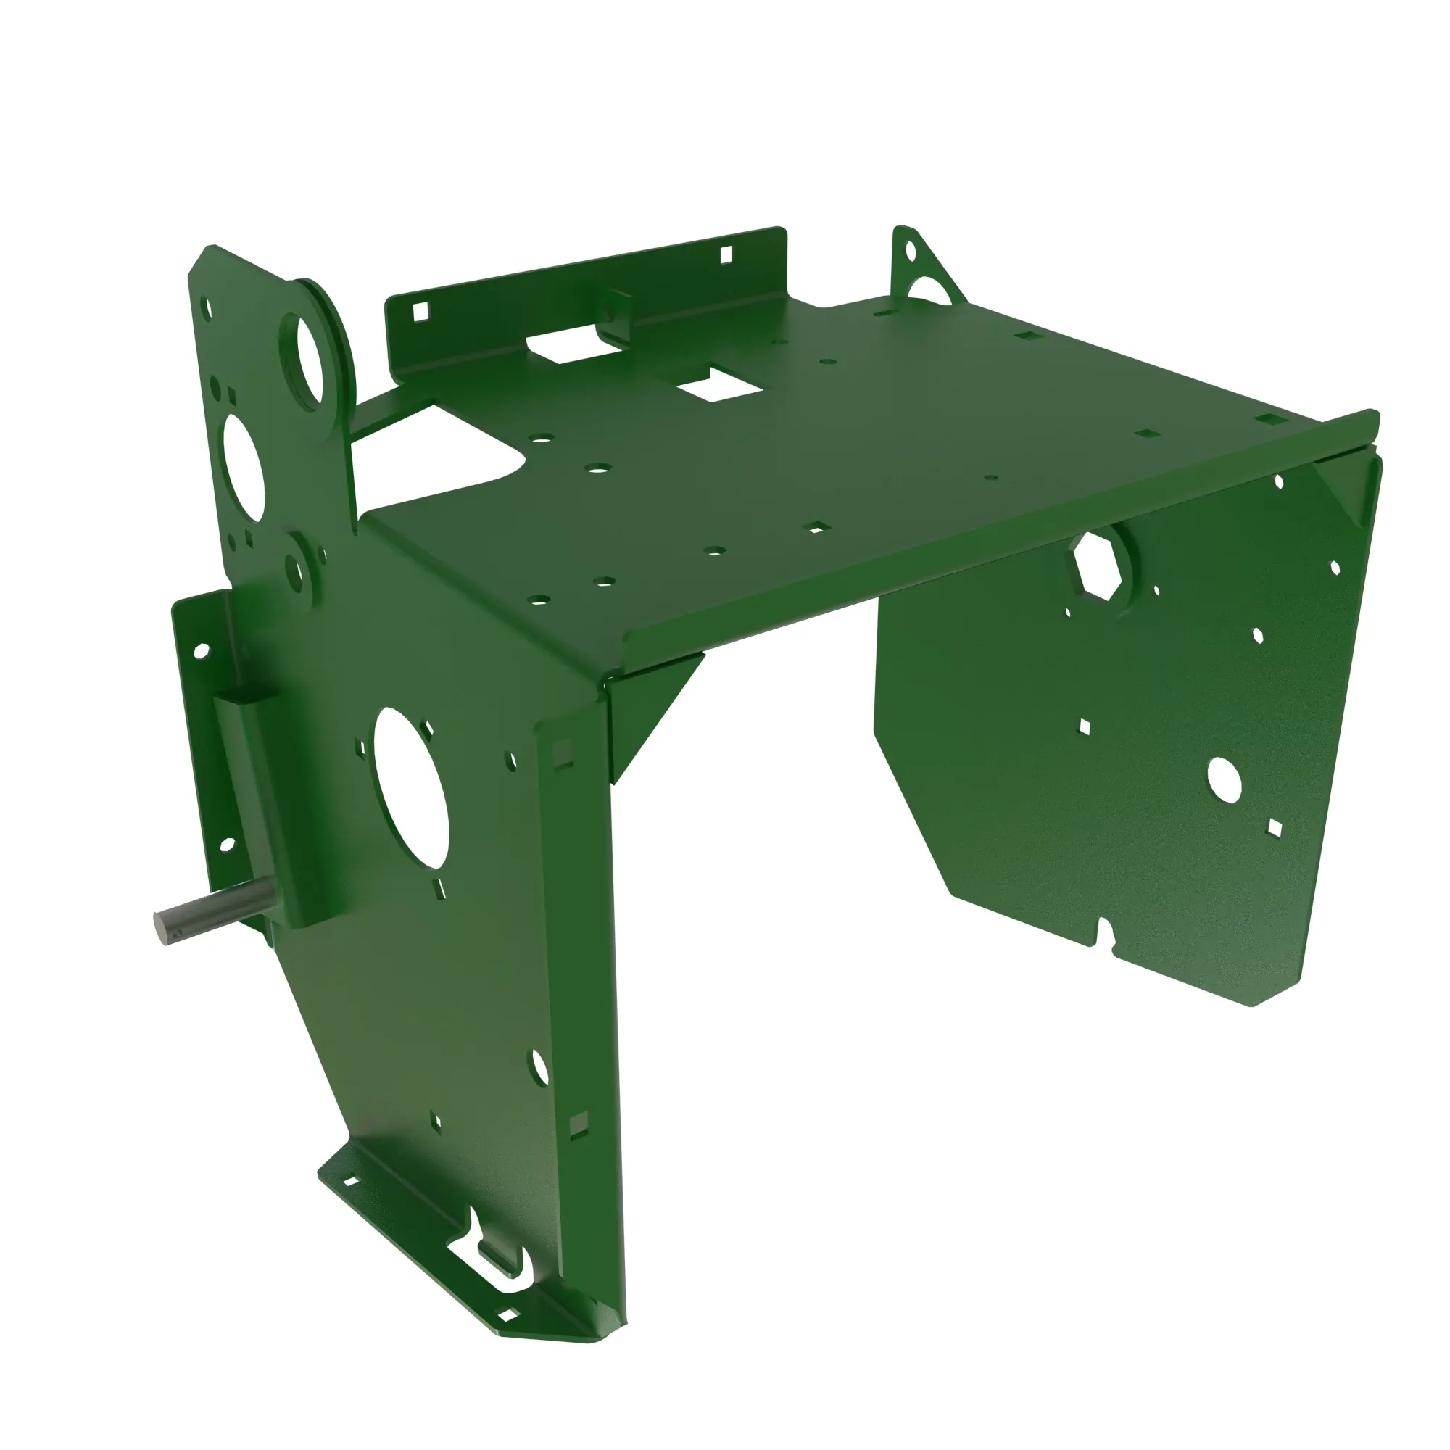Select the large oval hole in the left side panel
[410, 789]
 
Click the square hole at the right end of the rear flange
[726, 255]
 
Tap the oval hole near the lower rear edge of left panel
[539, 1067]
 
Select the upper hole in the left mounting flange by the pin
[201, 650]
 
